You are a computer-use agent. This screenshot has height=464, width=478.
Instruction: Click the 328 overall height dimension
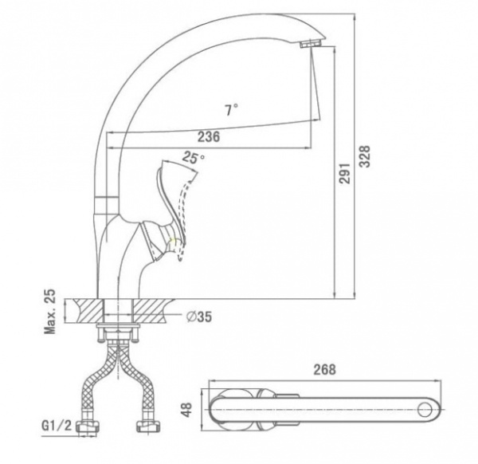[365, 156]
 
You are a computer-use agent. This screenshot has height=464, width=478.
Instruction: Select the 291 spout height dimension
[345, 173]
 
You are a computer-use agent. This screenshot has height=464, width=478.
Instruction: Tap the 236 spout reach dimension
[209, 137]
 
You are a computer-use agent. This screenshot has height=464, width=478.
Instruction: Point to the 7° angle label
[232, 110]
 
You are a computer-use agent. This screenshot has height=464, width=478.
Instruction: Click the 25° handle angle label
[194, 158]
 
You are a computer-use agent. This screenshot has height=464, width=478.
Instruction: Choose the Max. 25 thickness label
[50, 311]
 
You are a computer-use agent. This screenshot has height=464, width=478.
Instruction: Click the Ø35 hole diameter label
[199, 317]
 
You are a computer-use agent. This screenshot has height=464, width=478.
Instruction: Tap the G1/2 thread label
[57, 426]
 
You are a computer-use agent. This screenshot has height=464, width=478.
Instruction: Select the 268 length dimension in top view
[325, 369]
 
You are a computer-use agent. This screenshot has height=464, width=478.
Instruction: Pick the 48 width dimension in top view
[186, 410]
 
